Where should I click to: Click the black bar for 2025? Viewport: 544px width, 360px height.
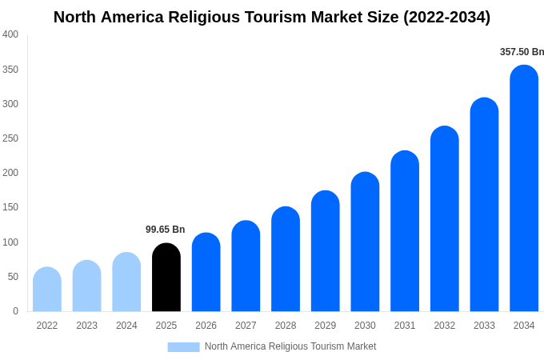click(166, 278)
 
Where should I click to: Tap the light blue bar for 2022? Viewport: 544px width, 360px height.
click(47, 290)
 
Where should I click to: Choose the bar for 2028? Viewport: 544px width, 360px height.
click(286, 259)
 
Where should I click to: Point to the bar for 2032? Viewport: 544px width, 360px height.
click(445, 219)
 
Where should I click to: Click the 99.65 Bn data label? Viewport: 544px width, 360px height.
click(165, 230)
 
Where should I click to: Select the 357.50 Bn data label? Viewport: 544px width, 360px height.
click(522, 52)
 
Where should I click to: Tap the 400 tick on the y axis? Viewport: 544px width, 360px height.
click(10, 34)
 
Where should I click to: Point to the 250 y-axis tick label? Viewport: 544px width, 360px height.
click(10, 138)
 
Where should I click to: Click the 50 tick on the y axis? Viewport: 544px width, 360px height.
click(13, 277)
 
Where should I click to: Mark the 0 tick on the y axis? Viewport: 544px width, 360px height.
click(15, 311)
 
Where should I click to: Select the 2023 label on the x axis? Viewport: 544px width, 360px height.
click(86, 326)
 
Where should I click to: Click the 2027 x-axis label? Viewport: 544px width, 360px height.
click(246, 326)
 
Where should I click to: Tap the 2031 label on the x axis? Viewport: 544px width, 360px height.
click(405, 326)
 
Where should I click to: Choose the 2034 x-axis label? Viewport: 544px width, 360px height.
click(524, 326)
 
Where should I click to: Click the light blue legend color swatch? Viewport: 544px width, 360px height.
click(183, 347)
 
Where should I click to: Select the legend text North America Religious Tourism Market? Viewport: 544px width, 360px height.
click(290, 346)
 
